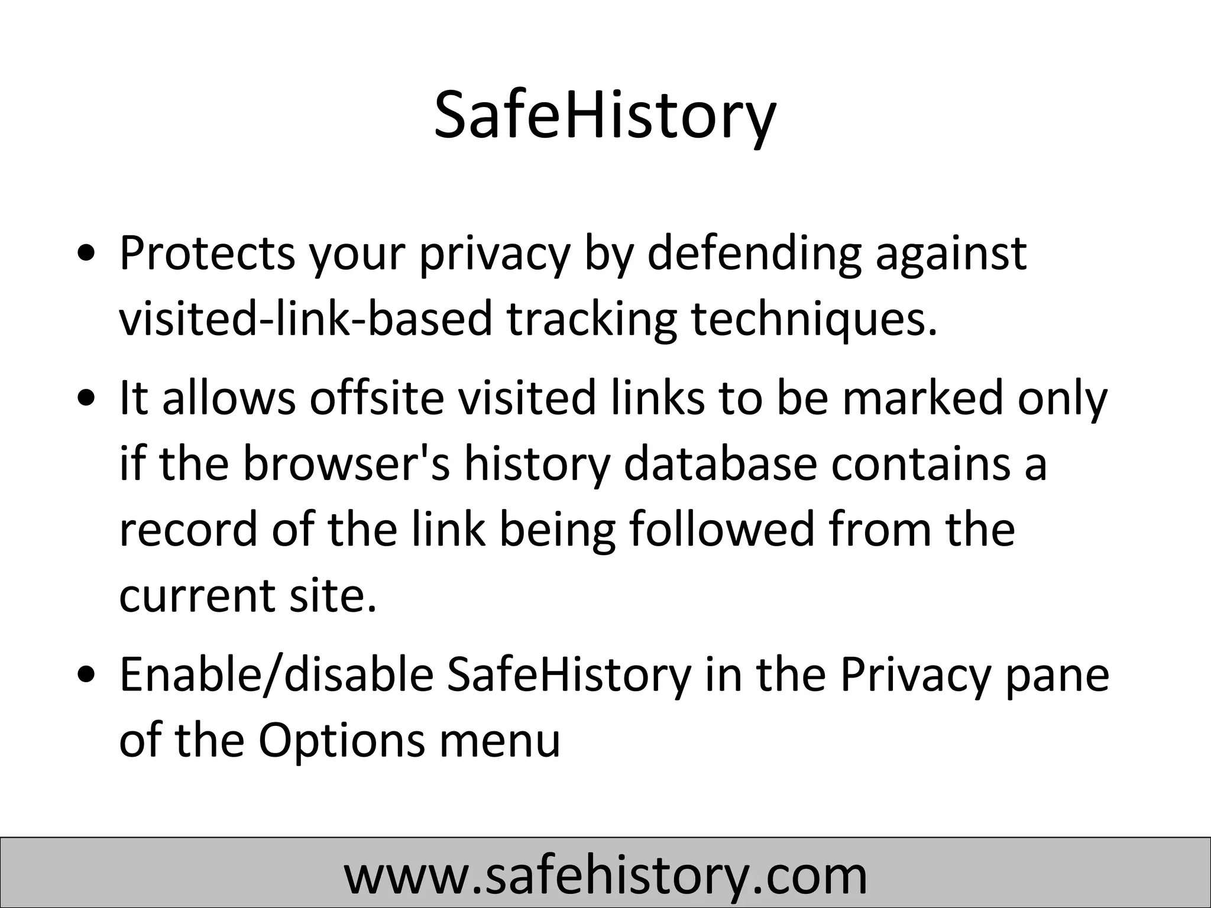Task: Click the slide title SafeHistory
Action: (x=604, y=116)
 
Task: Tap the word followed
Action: (x=723, y=529)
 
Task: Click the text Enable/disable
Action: (x=277, y=675)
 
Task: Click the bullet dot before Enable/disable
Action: (x=88, y=676)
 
